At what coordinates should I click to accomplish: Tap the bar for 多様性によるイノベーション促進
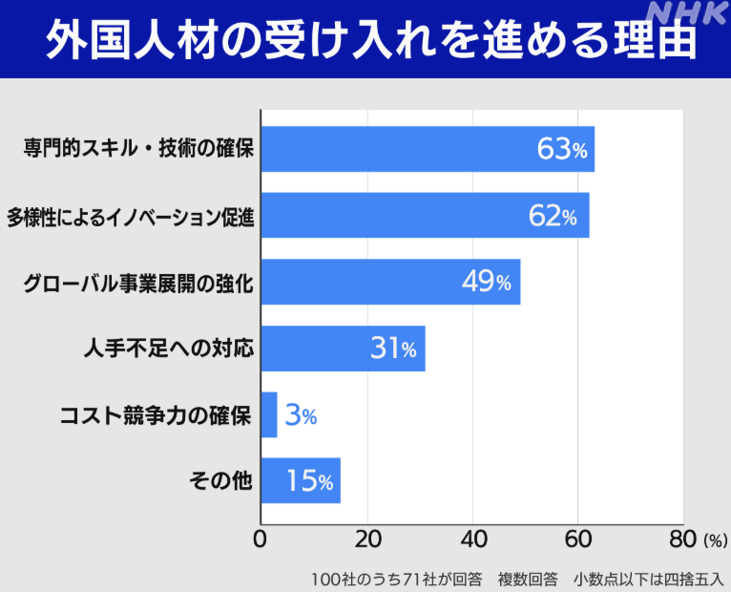[x=425, y=216]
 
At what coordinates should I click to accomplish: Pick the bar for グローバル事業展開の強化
[x=390, y=282]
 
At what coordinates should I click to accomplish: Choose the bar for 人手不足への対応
[x=343, y=349]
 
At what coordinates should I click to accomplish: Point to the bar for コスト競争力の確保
[x=268, y=414]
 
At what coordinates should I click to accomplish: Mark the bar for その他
[x=300, y=480]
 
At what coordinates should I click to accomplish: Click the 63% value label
[x=563, y=150]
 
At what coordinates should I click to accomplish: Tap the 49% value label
[x=487, y=283]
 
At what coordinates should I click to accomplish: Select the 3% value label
[x=301, y=415]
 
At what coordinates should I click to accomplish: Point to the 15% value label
[x=309, y=481]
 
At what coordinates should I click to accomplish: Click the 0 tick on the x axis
[x=260, y=539]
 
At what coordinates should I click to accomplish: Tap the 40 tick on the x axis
[x=472, y=539]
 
